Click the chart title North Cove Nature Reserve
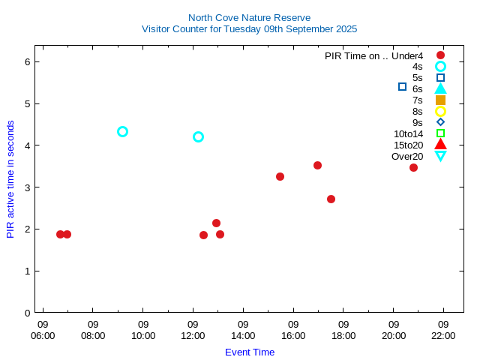249,17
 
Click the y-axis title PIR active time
10,179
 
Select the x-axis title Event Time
250,352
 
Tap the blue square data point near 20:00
402,87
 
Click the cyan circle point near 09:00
123,131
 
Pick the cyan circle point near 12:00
198,136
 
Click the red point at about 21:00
413,167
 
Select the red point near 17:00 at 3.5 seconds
317,165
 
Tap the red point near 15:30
280,176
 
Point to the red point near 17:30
331,199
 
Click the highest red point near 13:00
216,223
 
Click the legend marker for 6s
440,88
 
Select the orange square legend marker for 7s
440,100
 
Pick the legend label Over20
407,156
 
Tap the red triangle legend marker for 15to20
440,144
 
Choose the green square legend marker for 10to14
440,133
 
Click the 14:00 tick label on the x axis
243,330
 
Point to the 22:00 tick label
443,330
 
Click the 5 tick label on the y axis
27,103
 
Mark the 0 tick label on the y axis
27,313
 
